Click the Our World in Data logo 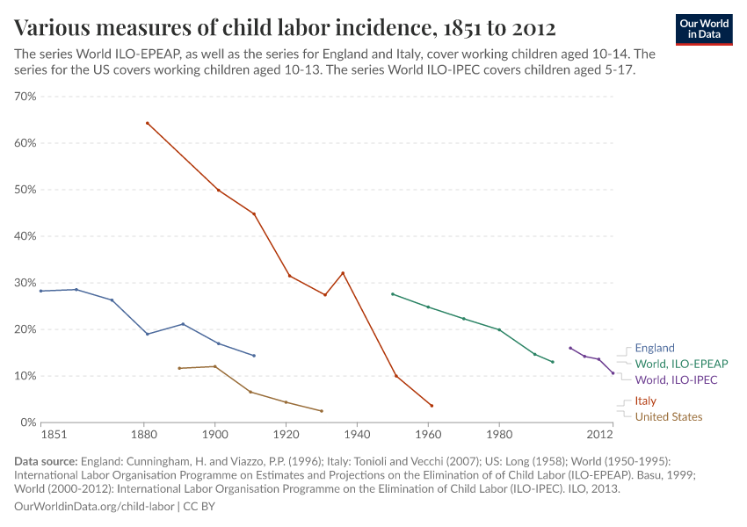704,29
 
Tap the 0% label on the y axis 28,422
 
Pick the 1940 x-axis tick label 357,435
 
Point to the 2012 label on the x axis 599,435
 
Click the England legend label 654,348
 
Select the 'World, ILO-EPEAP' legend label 681,364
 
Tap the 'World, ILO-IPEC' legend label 676,380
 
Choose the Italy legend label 645,401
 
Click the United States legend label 668,417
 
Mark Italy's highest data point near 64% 147,123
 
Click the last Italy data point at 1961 432,406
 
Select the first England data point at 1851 40,291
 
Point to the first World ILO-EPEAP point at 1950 392,294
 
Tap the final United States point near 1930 322,411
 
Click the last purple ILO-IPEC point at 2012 613,373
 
